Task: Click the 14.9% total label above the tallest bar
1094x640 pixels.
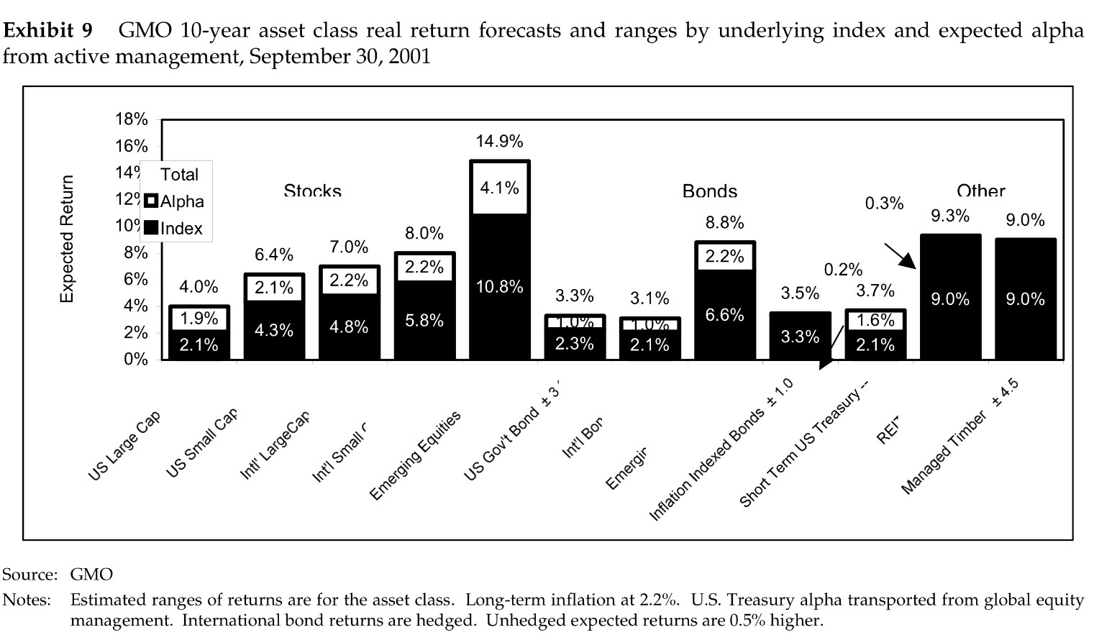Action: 499,141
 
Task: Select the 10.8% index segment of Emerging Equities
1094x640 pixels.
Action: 499,287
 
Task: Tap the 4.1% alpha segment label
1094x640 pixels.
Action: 499,188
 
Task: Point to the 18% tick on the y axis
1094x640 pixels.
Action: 132,119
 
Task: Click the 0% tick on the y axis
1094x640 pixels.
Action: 136,360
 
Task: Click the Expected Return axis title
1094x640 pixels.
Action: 67,239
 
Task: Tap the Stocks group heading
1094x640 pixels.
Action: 312,191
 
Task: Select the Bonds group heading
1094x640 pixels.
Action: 709,191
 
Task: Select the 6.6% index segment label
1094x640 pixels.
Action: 724,315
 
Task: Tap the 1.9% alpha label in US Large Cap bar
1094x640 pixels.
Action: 199,319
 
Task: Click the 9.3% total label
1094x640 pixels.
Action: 950,216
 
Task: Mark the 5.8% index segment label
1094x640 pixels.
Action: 424,321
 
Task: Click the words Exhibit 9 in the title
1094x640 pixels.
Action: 48,31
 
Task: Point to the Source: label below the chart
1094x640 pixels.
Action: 29,575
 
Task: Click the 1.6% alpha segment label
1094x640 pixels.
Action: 875,320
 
